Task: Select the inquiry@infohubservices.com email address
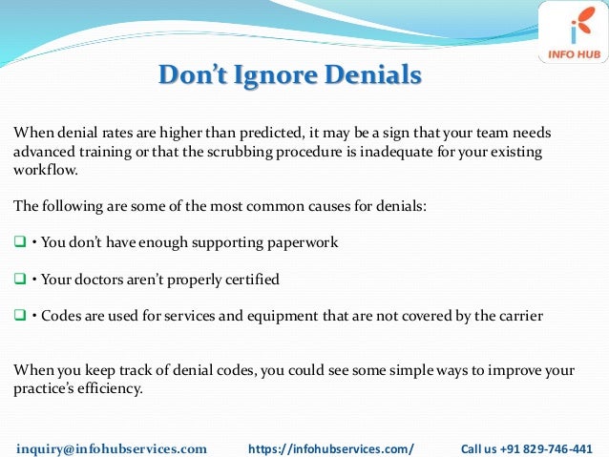113,447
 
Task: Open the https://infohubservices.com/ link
330,447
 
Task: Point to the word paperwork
303,243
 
